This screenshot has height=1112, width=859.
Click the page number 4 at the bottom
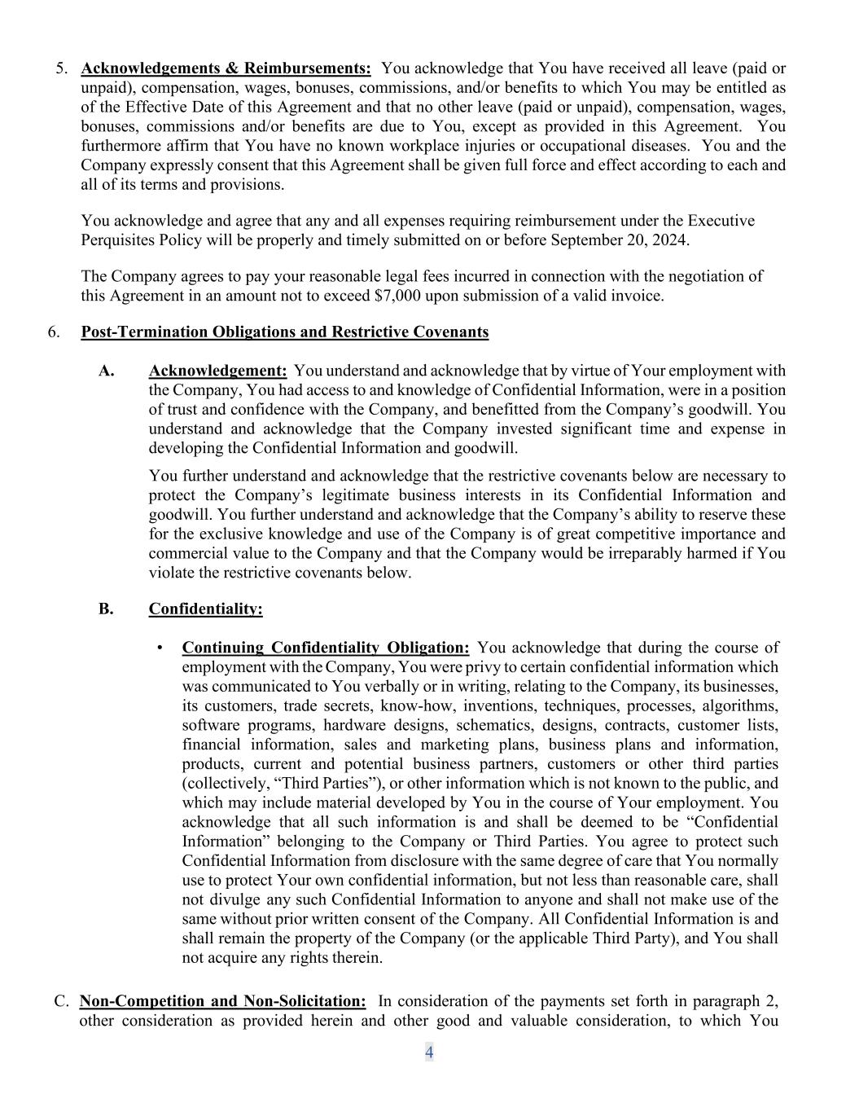click(429, 1053)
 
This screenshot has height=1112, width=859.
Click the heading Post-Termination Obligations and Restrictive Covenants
click(284, 332)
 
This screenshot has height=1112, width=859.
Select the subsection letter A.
click(106, 371)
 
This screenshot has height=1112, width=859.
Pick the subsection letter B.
click(106, 609)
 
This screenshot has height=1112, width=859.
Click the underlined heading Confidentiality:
click(205, 609)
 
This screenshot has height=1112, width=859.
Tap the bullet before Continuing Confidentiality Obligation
click(160, 648)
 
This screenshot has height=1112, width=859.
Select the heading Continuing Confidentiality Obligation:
click(325, 648)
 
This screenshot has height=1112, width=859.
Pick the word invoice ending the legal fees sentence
click(637, 296)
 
